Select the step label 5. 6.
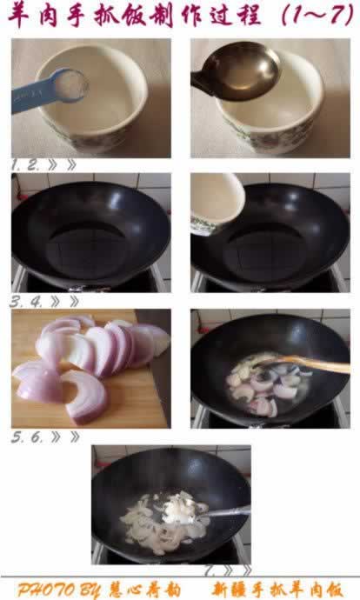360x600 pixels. tap(28, 437)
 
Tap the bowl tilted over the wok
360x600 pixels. tap(217, 203)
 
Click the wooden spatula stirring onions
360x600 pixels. tap(303, 363)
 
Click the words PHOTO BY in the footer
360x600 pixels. tap(59, 590)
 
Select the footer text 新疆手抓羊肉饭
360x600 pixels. tap(278, 590)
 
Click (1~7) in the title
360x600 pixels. tap(317, 16)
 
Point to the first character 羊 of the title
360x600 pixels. tap(19, 16)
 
